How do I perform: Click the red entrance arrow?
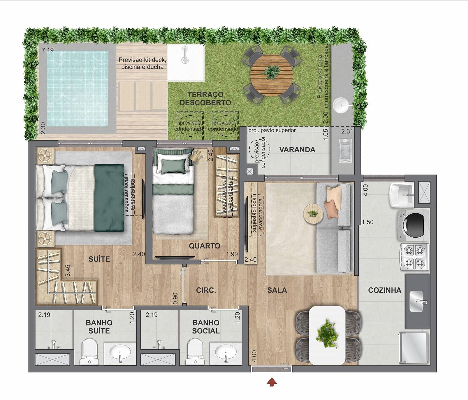[x=272, y=382]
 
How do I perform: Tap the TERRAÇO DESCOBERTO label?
[x=205, y=98]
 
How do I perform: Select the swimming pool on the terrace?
[x=78, y=88]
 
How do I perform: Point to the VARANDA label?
[x=297, y=150]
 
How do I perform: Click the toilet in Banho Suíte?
[x=89, y=352]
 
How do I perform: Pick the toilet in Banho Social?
[x=195, y=352]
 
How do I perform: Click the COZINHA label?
[x=385, y=290]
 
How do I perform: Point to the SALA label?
[x=277, y=290]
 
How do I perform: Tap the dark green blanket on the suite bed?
[x=109, y=198]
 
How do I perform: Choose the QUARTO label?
[x=204, y=246]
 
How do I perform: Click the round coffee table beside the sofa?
[x=313, y=214]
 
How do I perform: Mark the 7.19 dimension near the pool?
[x=47, y=50]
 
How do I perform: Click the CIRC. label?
[x=206, y=290]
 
